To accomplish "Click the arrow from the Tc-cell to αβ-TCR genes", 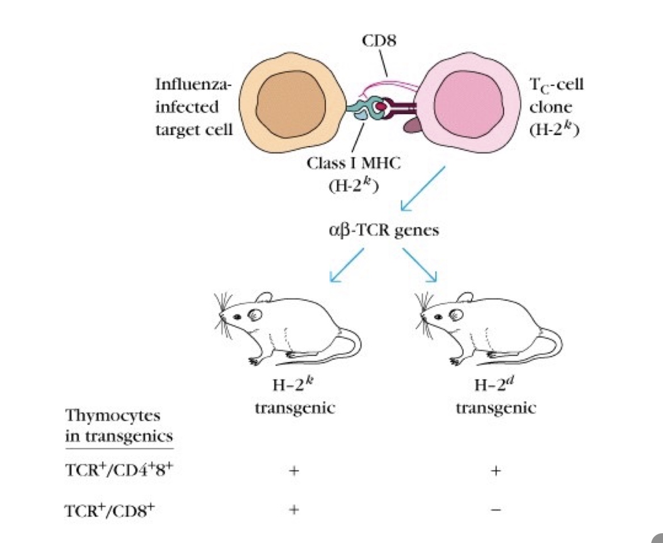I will [x=422, y=188].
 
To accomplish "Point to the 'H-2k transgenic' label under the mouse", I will [x=294, y=399].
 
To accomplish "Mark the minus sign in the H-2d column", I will [x=496, y=510].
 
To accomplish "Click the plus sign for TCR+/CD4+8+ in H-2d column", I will [x=496, y=470].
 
